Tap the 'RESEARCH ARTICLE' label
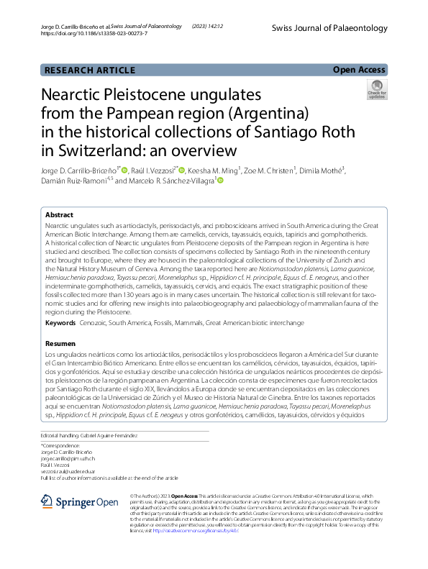pos(89,70)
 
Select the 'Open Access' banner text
pos(359,70)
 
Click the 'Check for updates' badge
pos(376,90)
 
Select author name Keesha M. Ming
pos(214,170)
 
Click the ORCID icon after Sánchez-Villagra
pos(219,181)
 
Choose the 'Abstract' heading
pos(59,215)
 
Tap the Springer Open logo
pos(78,501)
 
